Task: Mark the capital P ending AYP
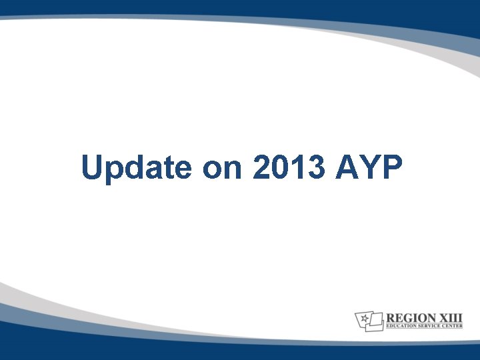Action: pos(392,167)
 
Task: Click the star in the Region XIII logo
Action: pos(365,318)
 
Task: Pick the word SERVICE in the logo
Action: pos(433,327)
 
